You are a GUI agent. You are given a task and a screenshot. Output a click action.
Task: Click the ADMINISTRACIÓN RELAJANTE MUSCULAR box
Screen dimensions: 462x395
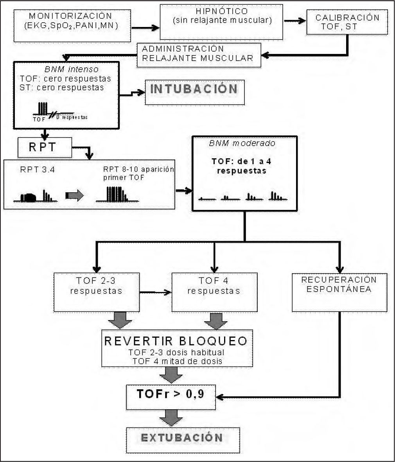[x=199, y=54]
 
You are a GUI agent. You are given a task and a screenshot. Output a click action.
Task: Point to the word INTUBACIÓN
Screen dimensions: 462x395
[x=194, y=89]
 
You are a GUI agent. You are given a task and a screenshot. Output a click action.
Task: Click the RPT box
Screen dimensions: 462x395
[x=45, y=147]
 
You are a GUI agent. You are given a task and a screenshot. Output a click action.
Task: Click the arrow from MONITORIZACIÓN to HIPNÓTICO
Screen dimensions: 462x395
[x=145, y=28]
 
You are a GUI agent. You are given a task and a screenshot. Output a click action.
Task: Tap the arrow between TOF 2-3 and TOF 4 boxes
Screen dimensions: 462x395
[x=156, y=292]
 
